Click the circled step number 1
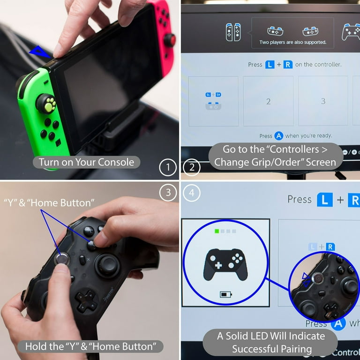coord(168,167)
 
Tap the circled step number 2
coord(192,167)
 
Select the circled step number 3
coord(168,192)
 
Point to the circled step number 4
coord(192,193)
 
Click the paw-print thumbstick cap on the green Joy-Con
coord(47,104)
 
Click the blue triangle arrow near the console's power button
coord(39,52)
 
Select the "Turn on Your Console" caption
coord(86,162)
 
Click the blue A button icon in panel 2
coord(279,136)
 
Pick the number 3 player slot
coord(323,101)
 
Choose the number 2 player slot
coord(268,101)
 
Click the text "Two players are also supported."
coord(292,42)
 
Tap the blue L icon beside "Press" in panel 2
coord(270,65)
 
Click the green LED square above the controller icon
coord(217,231)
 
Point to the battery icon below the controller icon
coord(225,294)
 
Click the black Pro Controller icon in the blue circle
coord(225,264)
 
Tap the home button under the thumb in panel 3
coord(62,259)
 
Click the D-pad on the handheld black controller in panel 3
coord(87,301)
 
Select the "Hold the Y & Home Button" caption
coord(90,346)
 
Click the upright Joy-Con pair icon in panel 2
coord(233,32)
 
